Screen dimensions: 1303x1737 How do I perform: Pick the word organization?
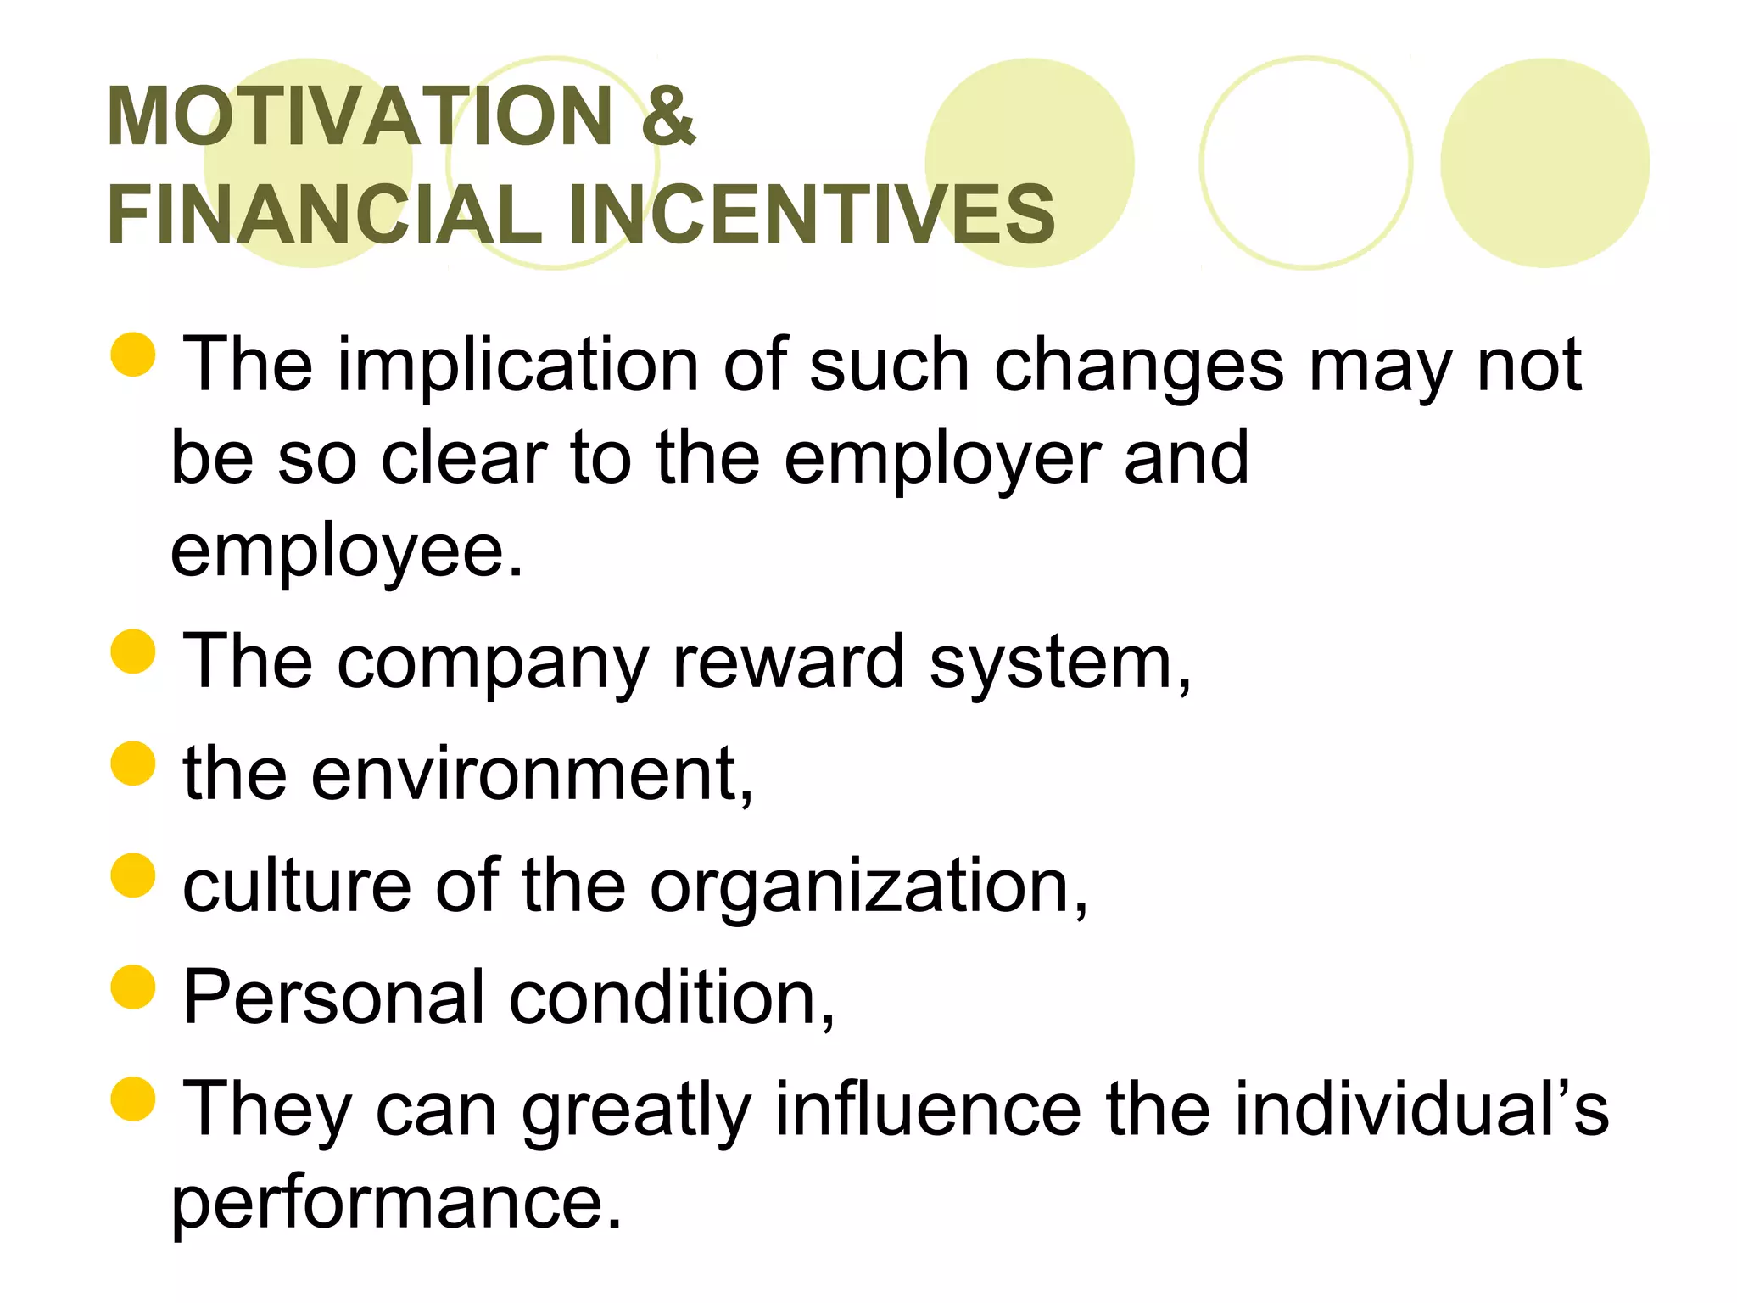(869, 887)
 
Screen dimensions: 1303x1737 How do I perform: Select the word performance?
(396, 1205)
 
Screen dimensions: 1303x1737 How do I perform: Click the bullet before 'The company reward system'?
(133, 651)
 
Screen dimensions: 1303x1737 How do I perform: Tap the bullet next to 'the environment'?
(133, 763)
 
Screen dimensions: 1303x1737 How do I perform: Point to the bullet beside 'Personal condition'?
(133, 987)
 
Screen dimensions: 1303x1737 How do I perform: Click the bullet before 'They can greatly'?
(133, 1099)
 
